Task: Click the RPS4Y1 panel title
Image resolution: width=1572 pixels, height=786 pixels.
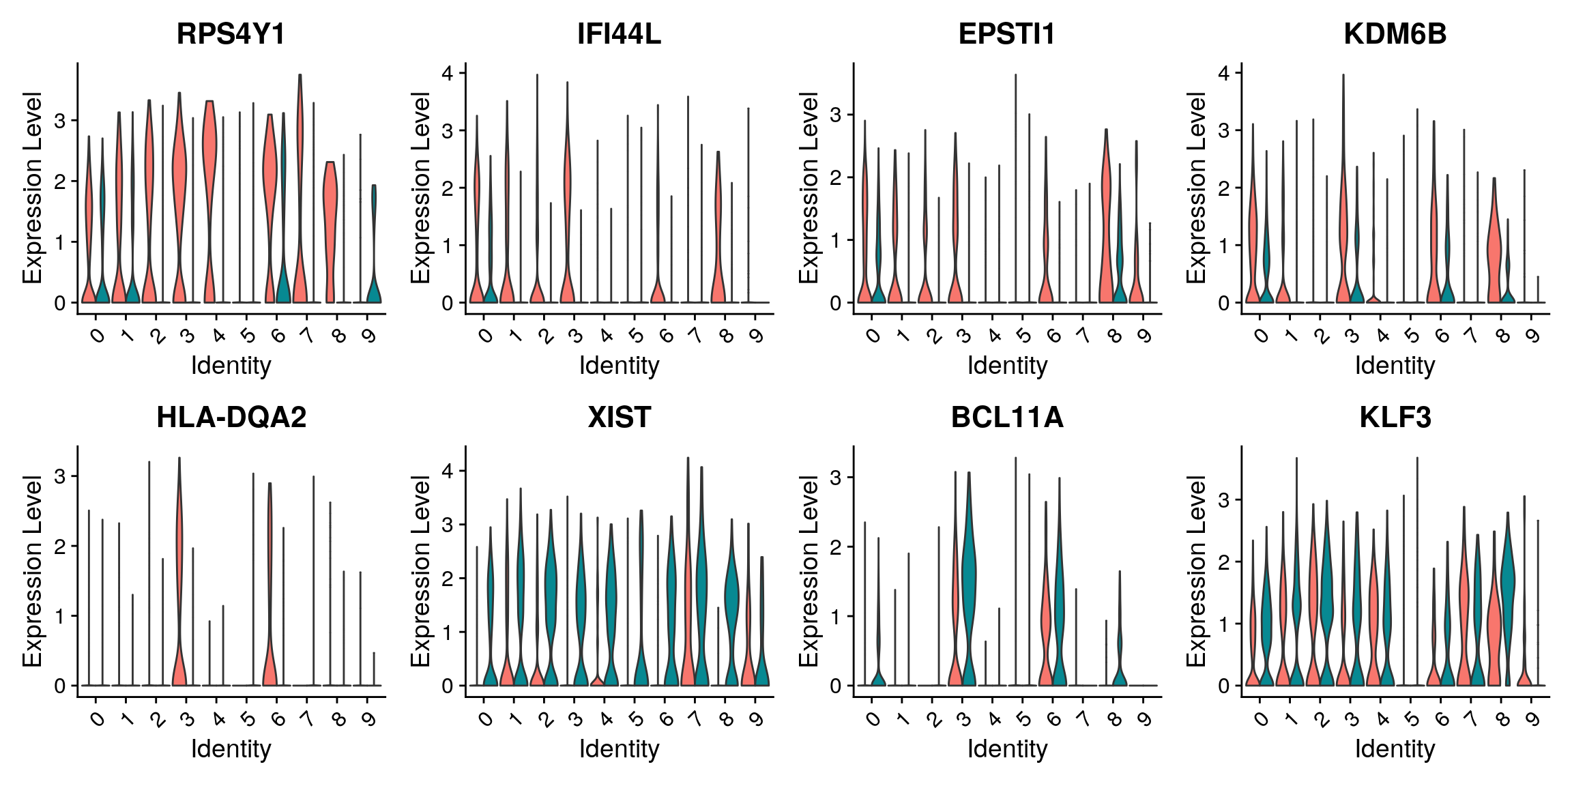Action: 231,34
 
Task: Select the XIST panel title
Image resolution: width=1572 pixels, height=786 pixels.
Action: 619,418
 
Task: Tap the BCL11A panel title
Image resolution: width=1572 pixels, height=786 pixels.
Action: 1007,418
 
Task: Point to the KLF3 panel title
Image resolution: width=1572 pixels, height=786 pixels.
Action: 1395,418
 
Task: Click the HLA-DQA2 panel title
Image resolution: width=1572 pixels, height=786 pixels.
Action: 231,418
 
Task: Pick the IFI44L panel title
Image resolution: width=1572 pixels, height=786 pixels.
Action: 619,34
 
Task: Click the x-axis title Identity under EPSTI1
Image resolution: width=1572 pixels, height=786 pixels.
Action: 1007,366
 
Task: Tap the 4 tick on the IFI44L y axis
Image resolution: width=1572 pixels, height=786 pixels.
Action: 448,73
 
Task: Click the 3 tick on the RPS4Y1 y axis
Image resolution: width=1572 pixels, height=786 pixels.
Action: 60,121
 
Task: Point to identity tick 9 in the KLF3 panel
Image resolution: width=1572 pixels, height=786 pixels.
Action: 1532,719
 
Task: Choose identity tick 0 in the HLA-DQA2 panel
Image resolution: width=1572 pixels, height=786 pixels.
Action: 97,719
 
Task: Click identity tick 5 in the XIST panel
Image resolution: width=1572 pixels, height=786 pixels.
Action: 636,719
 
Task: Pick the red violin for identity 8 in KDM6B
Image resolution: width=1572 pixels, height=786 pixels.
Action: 1494,246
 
